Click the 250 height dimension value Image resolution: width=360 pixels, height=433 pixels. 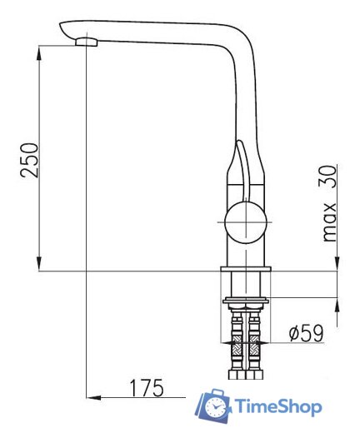(29, 158)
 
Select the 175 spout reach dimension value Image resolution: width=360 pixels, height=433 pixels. (146, 387)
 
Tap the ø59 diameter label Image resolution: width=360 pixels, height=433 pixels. (305, 333)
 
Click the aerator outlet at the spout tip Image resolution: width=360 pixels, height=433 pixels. (86, 41)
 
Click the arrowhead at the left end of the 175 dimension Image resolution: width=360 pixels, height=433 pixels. (94, 396)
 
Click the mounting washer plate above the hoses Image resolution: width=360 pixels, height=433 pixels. (245, 298)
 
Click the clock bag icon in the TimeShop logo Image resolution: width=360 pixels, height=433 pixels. (214, 406)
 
